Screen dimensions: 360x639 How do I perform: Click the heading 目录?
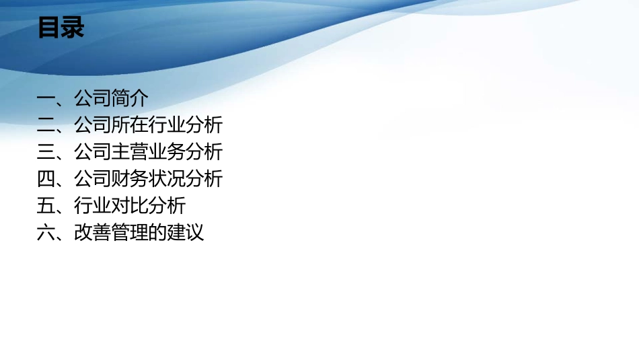pos(61,28)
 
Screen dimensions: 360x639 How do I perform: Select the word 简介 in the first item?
pos(130,98)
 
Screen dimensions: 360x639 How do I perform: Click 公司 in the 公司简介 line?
pos(93,98)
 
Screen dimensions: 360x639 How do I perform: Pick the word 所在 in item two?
pos(130,125)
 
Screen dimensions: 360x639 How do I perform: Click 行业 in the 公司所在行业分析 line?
pos(167,125)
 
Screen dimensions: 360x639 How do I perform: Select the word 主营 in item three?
pos(130,152)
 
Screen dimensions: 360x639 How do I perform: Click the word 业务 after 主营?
pos(167,152)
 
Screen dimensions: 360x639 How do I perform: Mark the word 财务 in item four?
pos(130,179)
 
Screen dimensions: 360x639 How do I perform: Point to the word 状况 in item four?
pos(167,179)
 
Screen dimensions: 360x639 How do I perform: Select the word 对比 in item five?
pos(130,206)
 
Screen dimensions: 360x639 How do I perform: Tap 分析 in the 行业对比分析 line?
pos(167,206)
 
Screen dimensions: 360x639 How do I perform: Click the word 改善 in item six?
pos(93,233)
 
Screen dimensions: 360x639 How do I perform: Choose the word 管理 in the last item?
pos(130,233)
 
